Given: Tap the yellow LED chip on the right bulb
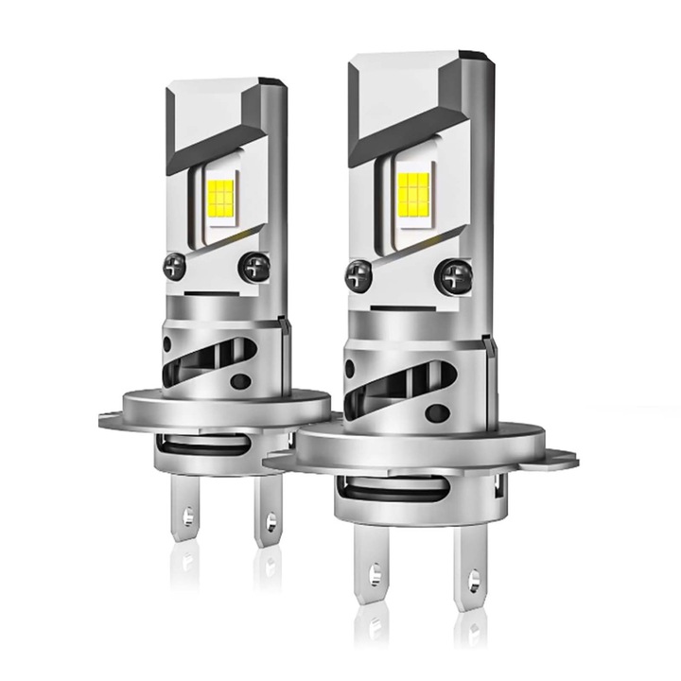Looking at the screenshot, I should click(x=412, y=193).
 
